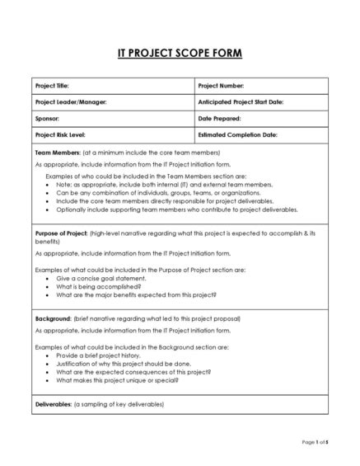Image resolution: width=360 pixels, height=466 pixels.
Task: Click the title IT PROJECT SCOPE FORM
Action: (179, 54)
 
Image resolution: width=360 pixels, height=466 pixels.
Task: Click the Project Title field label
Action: (52, 86)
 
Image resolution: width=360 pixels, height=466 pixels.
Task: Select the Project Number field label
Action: (222, 86)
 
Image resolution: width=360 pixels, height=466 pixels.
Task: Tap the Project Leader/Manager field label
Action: (71, 102)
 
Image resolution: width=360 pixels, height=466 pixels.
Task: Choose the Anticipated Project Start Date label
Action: (241, 102)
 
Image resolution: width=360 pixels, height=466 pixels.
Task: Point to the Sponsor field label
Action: (47, 118)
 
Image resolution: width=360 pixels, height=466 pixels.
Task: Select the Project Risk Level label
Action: (60, 134)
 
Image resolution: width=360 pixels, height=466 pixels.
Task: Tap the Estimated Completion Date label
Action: (237, 134)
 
